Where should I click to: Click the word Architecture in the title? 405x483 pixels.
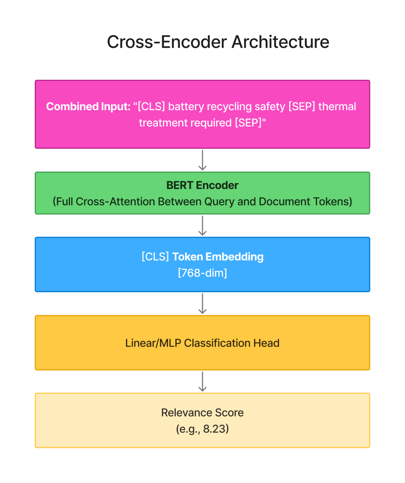280,42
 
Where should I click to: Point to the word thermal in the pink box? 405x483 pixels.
337,107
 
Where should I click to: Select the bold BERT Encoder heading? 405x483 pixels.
202,185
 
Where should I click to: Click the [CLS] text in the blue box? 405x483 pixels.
155,256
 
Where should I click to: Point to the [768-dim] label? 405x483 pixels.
202,273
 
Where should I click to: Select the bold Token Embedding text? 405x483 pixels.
218,256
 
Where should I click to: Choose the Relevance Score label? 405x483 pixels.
202,412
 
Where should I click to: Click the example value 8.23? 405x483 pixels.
213,429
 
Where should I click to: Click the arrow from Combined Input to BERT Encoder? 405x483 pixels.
202,160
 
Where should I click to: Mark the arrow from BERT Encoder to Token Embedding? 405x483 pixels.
202,225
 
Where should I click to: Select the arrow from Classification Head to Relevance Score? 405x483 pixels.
202,381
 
